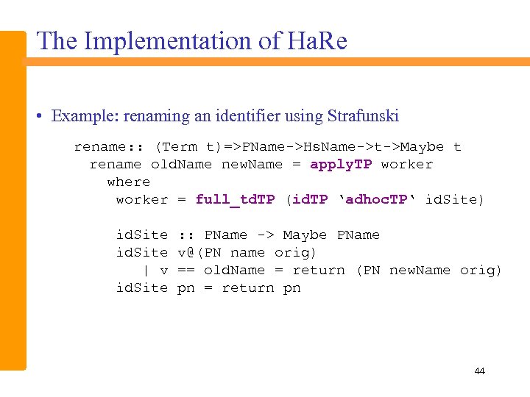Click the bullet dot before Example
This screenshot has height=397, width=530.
(43, 116)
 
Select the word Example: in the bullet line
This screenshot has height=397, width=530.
(82, 116)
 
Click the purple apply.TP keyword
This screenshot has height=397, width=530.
(341, 165)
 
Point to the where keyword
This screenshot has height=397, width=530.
(129, 182)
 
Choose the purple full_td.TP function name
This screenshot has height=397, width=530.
(235, 200)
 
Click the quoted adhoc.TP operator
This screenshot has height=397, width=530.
(377, 200)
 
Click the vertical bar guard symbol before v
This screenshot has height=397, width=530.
(146, 271)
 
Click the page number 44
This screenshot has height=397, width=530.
(479, 371)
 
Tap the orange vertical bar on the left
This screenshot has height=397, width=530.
(13, 198)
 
